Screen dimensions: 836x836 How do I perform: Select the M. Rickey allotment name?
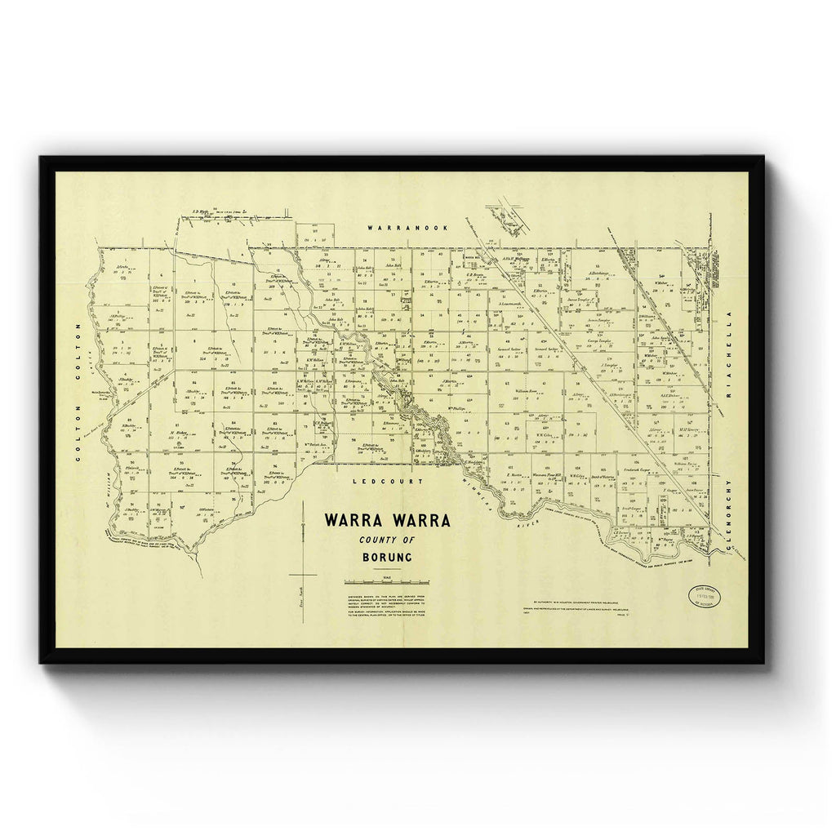179,432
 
